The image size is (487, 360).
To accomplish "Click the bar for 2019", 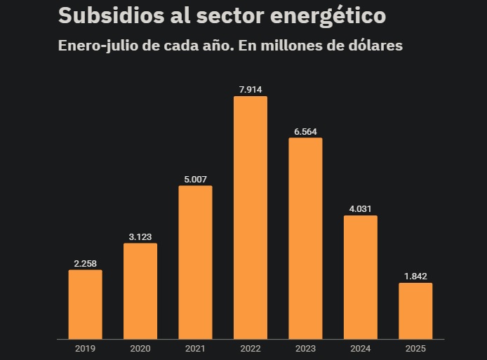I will point(85,305).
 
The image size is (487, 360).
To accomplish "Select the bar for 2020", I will point(140,291).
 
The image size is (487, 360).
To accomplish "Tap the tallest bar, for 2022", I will point(251,218).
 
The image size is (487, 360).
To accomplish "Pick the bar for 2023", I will point(305,239).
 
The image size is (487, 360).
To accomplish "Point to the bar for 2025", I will point(415,311).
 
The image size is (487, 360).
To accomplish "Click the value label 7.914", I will point(251,89).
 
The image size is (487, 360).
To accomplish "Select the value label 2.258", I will point(85,263).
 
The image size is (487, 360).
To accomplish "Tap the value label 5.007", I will point(195,179).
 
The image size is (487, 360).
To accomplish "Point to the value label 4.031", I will point(360,208).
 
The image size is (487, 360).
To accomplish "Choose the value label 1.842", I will point(415,276).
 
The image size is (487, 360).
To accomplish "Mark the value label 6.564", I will point(305,131).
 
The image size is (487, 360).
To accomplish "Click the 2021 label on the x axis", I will point(195,349).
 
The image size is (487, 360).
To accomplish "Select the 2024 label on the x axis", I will point(360,349).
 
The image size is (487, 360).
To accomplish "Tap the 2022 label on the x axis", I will point(251,349).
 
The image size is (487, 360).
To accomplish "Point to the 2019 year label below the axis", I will point(85,349).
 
